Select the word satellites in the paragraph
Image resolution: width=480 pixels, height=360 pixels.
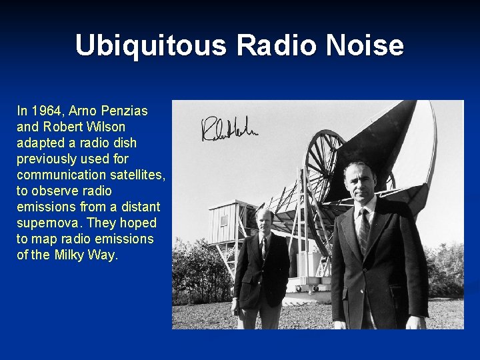coord(138,175)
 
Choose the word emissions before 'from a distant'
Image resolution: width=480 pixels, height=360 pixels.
coord(43,207)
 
